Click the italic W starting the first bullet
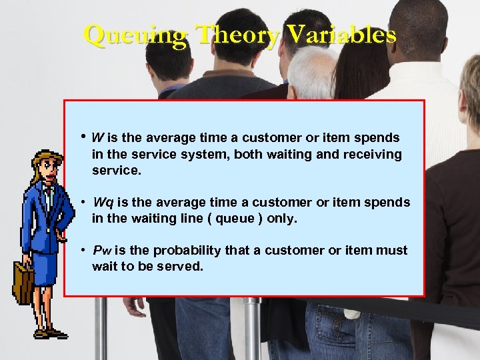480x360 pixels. click(x=97, y=138)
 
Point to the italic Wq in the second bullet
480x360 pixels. click(x=103, y=202)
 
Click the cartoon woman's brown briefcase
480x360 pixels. click(x=24, y=283)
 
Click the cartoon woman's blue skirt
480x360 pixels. click(x=45, y=270)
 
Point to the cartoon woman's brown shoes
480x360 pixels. click(x=50, y=333)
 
